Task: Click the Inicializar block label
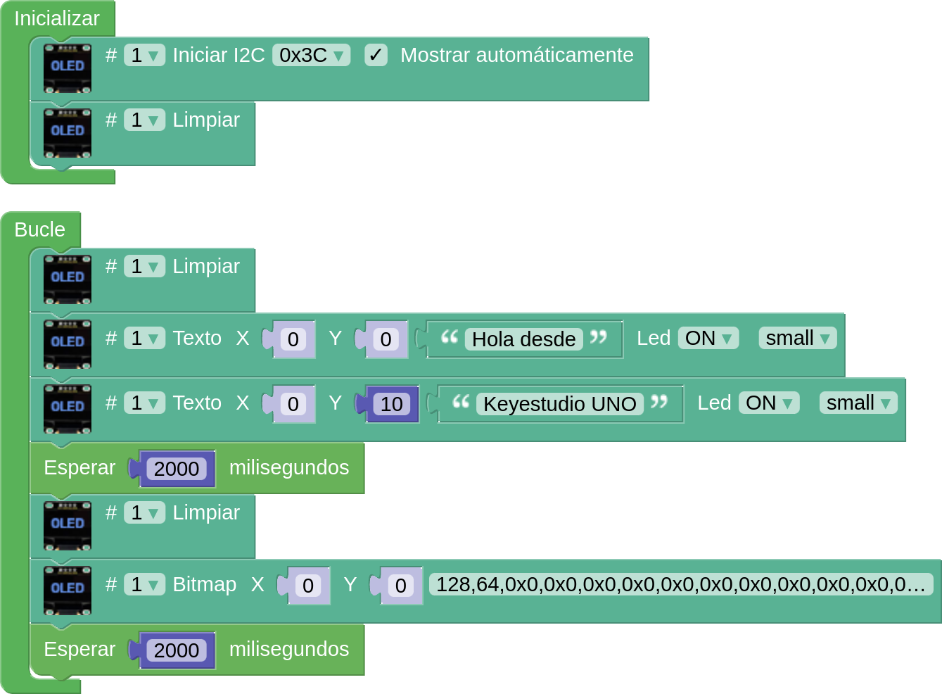coord(57,18)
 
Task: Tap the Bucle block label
coord(40,229)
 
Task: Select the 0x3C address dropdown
coord(311,55)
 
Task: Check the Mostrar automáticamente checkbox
coord(376,55)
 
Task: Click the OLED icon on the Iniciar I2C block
coord(68,68)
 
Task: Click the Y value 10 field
coord(391,404)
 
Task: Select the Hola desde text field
coord(523,339)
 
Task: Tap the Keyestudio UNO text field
coord(559,404)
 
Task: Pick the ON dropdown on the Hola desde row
coord(708,339)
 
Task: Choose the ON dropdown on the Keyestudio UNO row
coord(768,403)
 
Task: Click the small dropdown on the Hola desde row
coord(797,339)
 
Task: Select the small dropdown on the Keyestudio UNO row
coord(858,403)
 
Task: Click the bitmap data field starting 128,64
coord(680,584)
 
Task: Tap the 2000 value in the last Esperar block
coord(177,650)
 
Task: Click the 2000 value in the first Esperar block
coord(177,469)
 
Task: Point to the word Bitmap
coord(204,584)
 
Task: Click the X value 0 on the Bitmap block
coord(308,586)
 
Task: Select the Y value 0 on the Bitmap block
coord(400,586)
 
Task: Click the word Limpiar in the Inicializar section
coord(206,120)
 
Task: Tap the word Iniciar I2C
coord(219,55)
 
